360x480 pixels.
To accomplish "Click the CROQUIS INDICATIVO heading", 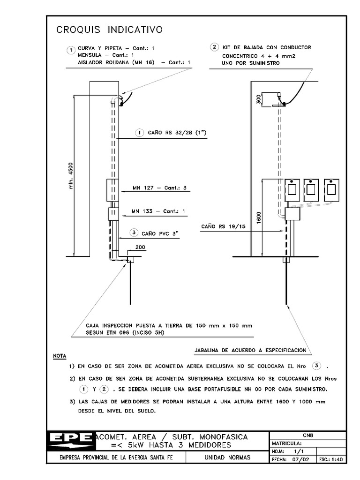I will click(109, 30).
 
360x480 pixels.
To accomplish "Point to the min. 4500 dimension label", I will click(71, 176).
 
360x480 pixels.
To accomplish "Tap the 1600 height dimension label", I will click(258, 217).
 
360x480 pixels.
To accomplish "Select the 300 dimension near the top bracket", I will click(257, 99).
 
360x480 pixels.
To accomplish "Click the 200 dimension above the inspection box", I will click(141, 247).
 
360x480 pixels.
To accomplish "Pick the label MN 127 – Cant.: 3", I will click(159, 188).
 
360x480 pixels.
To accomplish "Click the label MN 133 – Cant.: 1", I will click(158, 211).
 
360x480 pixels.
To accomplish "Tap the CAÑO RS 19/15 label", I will click(223, 226).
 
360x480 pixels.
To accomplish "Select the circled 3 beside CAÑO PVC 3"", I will click(134, 232).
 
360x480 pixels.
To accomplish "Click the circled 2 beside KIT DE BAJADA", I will click(214, 47).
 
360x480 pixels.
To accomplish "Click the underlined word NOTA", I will click(60, 356).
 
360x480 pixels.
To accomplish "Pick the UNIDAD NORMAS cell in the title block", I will click(228, 457).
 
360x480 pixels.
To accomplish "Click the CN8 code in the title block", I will click(308, 435).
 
